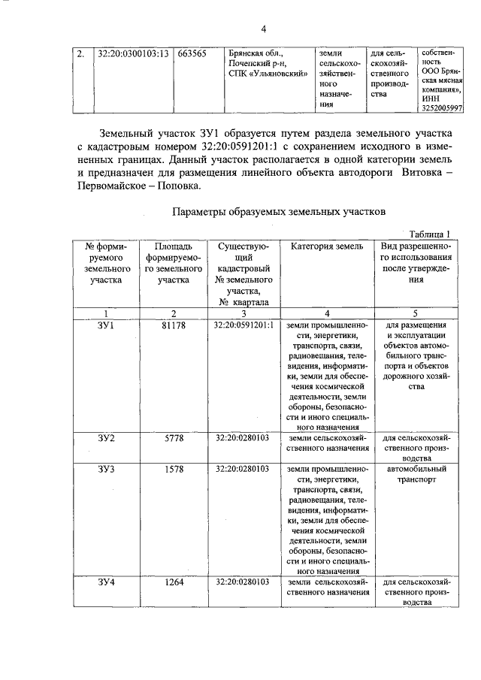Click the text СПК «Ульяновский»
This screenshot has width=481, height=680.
tap(268, 74)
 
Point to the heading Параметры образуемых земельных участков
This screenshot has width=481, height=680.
tap(278, 213)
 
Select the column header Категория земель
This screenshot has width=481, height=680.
tap(325, 246)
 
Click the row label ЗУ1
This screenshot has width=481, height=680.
tap(105, 325)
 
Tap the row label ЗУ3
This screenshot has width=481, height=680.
tap(105, 470)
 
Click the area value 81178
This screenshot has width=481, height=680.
tap(174, 325)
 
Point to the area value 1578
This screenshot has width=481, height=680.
tap(174, 470)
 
